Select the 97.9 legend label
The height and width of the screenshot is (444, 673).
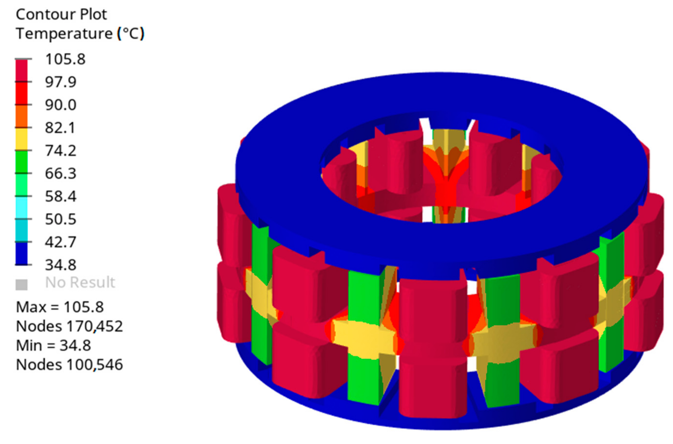(61, 82)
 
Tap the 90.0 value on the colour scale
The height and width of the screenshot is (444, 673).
(61, 105)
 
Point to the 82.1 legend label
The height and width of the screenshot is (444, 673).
(60, 128)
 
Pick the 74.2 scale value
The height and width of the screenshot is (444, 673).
(61, 151)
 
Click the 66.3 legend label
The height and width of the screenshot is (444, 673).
(61, 174)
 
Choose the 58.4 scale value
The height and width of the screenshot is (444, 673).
(61, 196)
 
